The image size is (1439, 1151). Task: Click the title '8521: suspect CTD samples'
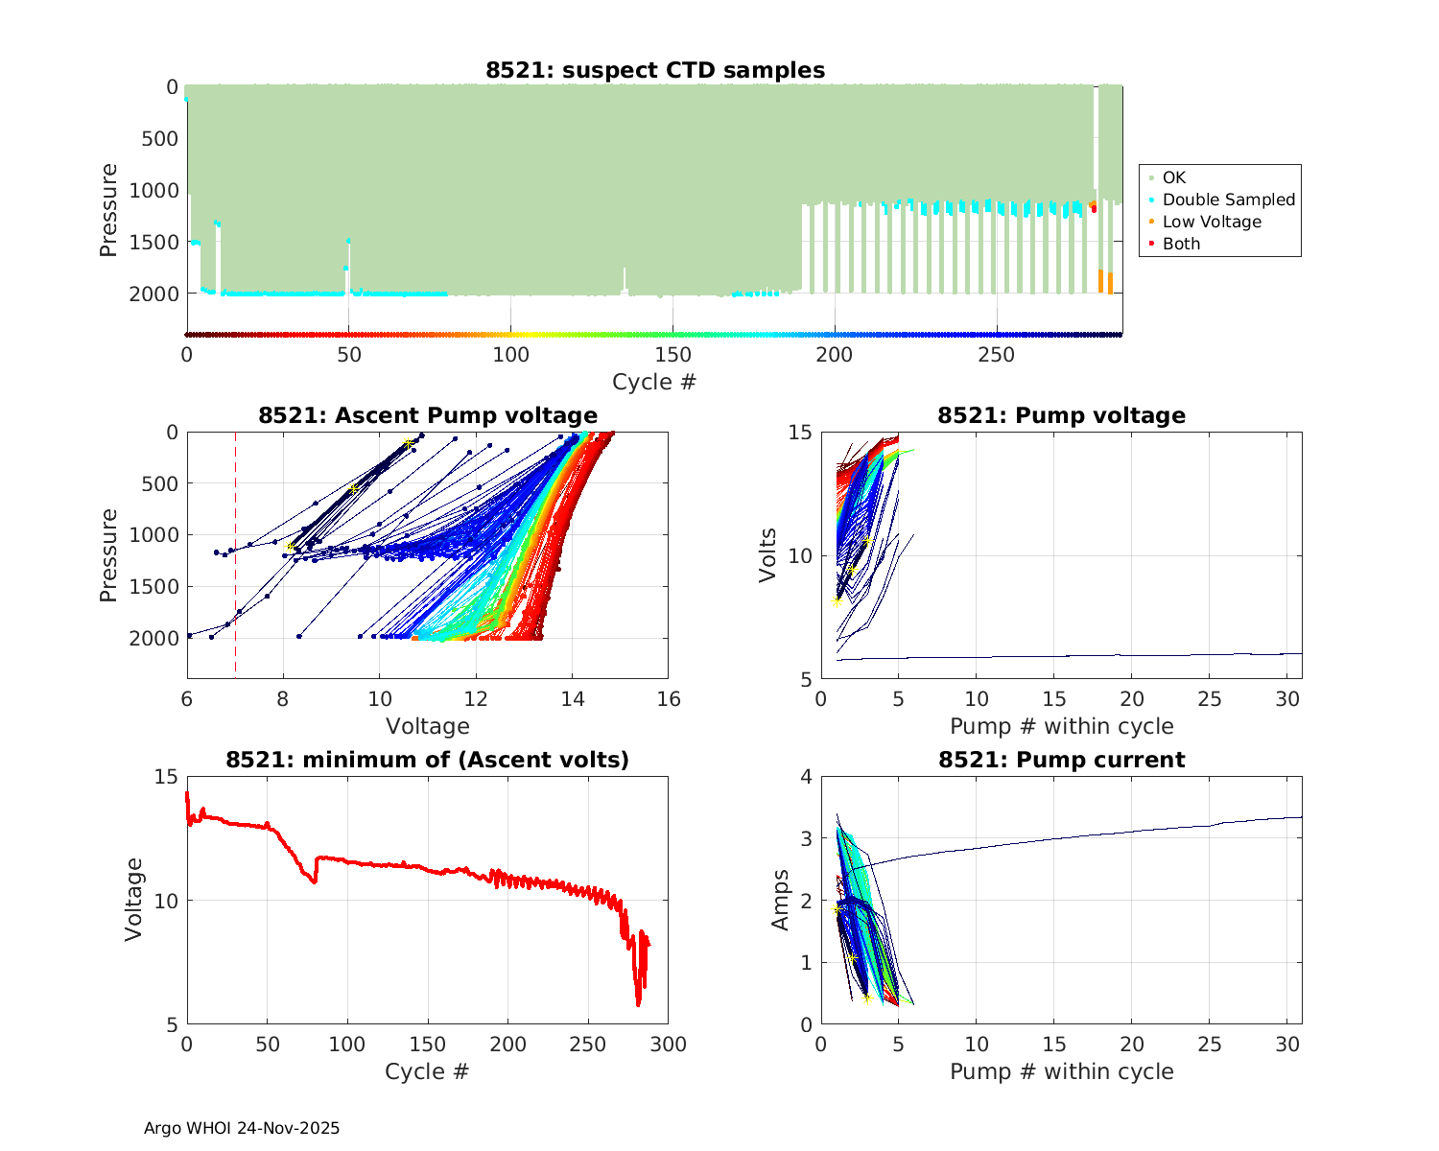(654, 70)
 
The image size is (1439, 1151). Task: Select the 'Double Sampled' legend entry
(1228, 200)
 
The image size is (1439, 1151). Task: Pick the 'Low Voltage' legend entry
(1212, 222)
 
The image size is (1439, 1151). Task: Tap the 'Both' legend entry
(1181, 244)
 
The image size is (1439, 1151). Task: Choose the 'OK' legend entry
(1173, 177)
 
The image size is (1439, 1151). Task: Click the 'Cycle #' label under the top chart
(654, 382)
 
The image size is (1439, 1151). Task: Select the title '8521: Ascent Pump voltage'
(428, 415)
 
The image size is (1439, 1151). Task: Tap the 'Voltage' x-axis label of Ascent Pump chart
(428, 726)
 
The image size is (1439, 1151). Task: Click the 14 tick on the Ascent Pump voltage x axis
(573, 699)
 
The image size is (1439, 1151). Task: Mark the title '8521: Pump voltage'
(1061, 415)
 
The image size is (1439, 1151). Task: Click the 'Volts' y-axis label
(767, 555)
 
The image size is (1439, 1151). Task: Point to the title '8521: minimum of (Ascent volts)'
(428, 760)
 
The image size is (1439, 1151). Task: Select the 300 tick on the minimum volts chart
(669, 1045)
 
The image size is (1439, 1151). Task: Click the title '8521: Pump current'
(1061, 760)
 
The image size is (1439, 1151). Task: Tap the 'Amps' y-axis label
(781, 900)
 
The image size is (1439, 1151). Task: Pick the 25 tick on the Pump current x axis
(1210, 1045)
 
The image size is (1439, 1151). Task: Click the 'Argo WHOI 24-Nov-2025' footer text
(242, 1128)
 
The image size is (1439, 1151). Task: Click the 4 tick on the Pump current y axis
(806, 777)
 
